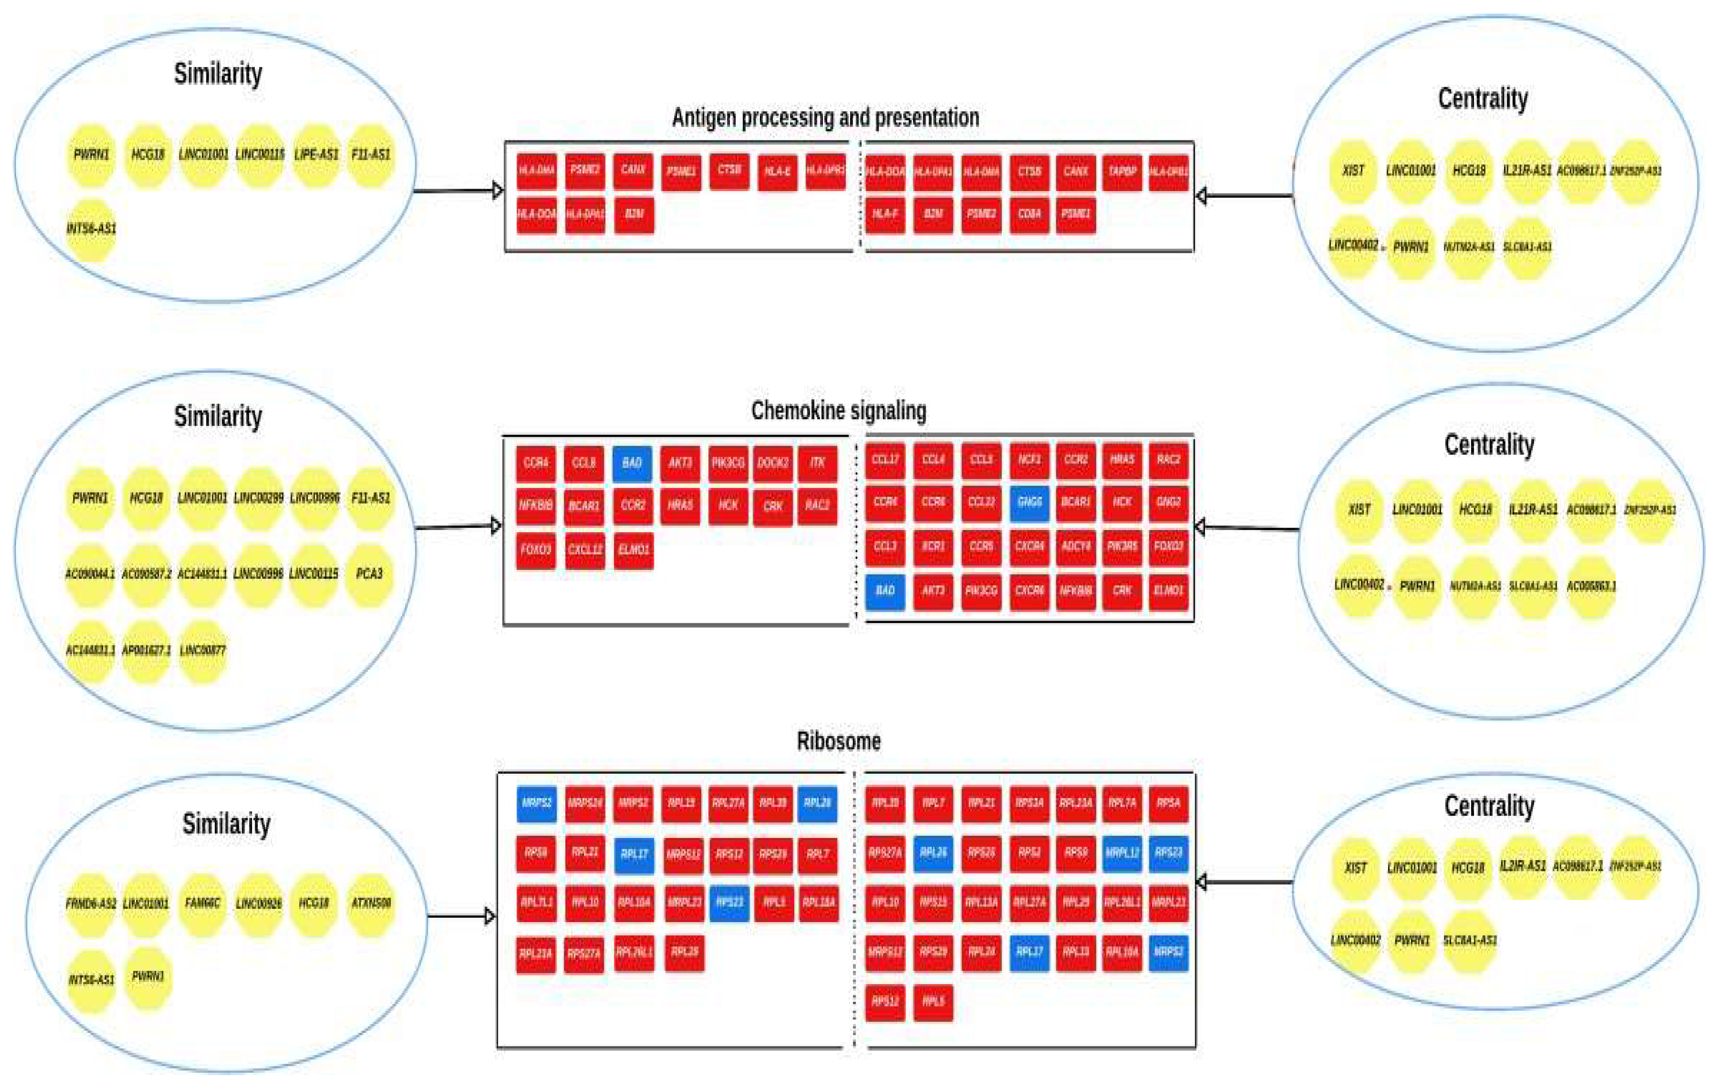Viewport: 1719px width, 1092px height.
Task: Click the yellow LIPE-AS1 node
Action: pos(315,155)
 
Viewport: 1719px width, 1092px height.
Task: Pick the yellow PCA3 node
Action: pos(369,574)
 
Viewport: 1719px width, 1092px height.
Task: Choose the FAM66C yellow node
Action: pos(202,903)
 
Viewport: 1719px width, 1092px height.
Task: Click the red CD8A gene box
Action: pos(1028,214)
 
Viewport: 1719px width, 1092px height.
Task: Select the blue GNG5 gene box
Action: pos(1028,502)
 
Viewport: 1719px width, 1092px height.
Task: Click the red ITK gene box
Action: pos(817,463)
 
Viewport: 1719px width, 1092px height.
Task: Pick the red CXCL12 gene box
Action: pos(585,550)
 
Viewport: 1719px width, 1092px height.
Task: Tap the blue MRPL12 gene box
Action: pos(1121,853)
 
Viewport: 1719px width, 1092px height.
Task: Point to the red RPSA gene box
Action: pos(1168,803)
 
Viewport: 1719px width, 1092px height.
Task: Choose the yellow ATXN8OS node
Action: pos(370,903)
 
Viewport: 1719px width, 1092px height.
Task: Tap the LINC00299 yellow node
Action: pos(259,498)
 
